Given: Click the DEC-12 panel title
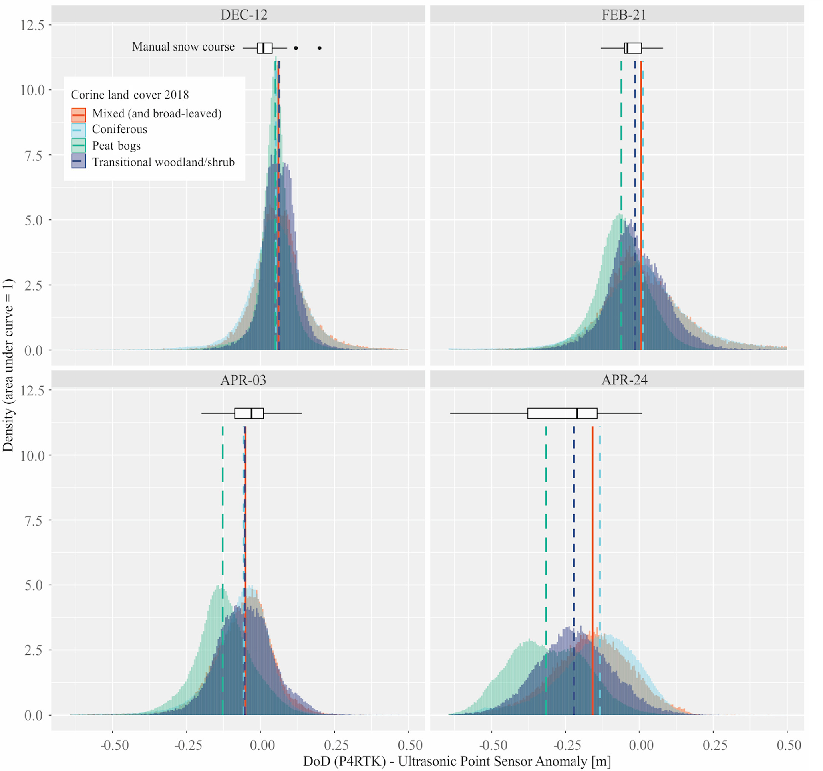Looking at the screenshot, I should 244,15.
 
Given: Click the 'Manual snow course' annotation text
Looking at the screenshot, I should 183,47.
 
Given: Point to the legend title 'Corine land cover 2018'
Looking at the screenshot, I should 129,95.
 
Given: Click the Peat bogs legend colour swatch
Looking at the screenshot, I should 79,146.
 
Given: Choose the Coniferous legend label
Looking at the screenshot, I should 119,129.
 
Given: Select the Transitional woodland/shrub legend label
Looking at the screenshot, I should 163,162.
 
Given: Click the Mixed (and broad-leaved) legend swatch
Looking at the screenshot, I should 79,114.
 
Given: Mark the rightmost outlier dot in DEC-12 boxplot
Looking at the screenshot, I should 320,48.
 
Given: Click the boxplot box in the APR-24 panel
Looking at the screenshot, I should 562,413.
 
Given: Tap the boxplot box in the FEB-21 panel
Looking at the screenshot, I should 633,48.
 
